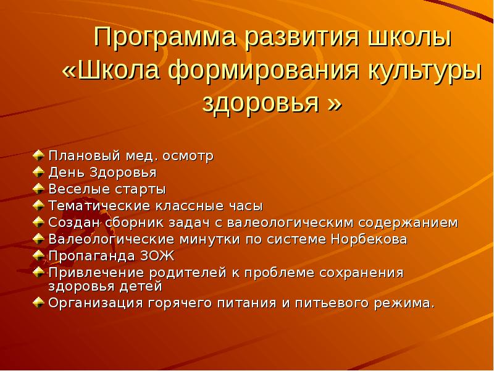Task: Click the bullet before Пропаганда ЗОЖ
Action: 38,256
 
